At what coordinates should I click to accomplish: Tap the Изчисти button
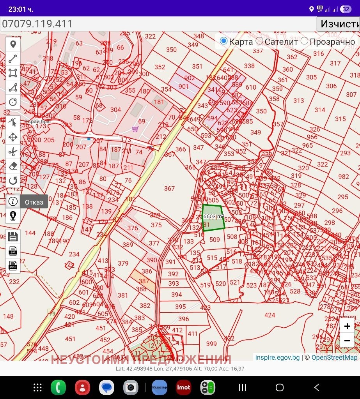point(338,24)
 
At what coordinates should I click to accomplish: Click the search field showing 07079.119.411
point(156,24)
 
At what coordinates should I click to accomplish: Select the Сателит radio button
point(260,41)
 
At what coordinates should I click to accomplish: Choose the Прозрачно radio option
point(305,41)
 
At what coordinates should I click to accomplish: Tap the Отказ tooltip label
point(34,202)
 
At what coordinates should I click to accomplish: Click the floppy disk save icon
point(13,236)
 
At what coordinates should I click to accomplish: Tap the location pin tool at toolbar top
point(13,44)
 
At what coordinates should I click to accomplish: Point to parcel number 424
point(270,315)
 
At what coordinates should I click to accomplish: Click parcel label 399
point(211,344)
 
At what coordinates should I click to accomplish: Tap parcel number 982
point(344,177)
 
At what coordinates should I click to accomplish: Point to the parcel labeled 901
point(184,87)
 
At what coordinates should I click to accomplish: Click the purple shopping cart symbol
point(135,129)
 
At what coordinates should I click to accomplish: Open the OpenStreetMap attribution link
point(334,357)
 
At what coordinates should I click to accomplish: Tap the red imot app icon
point(184,387)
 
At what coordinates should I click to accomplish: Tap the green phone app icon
point(59,387)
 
